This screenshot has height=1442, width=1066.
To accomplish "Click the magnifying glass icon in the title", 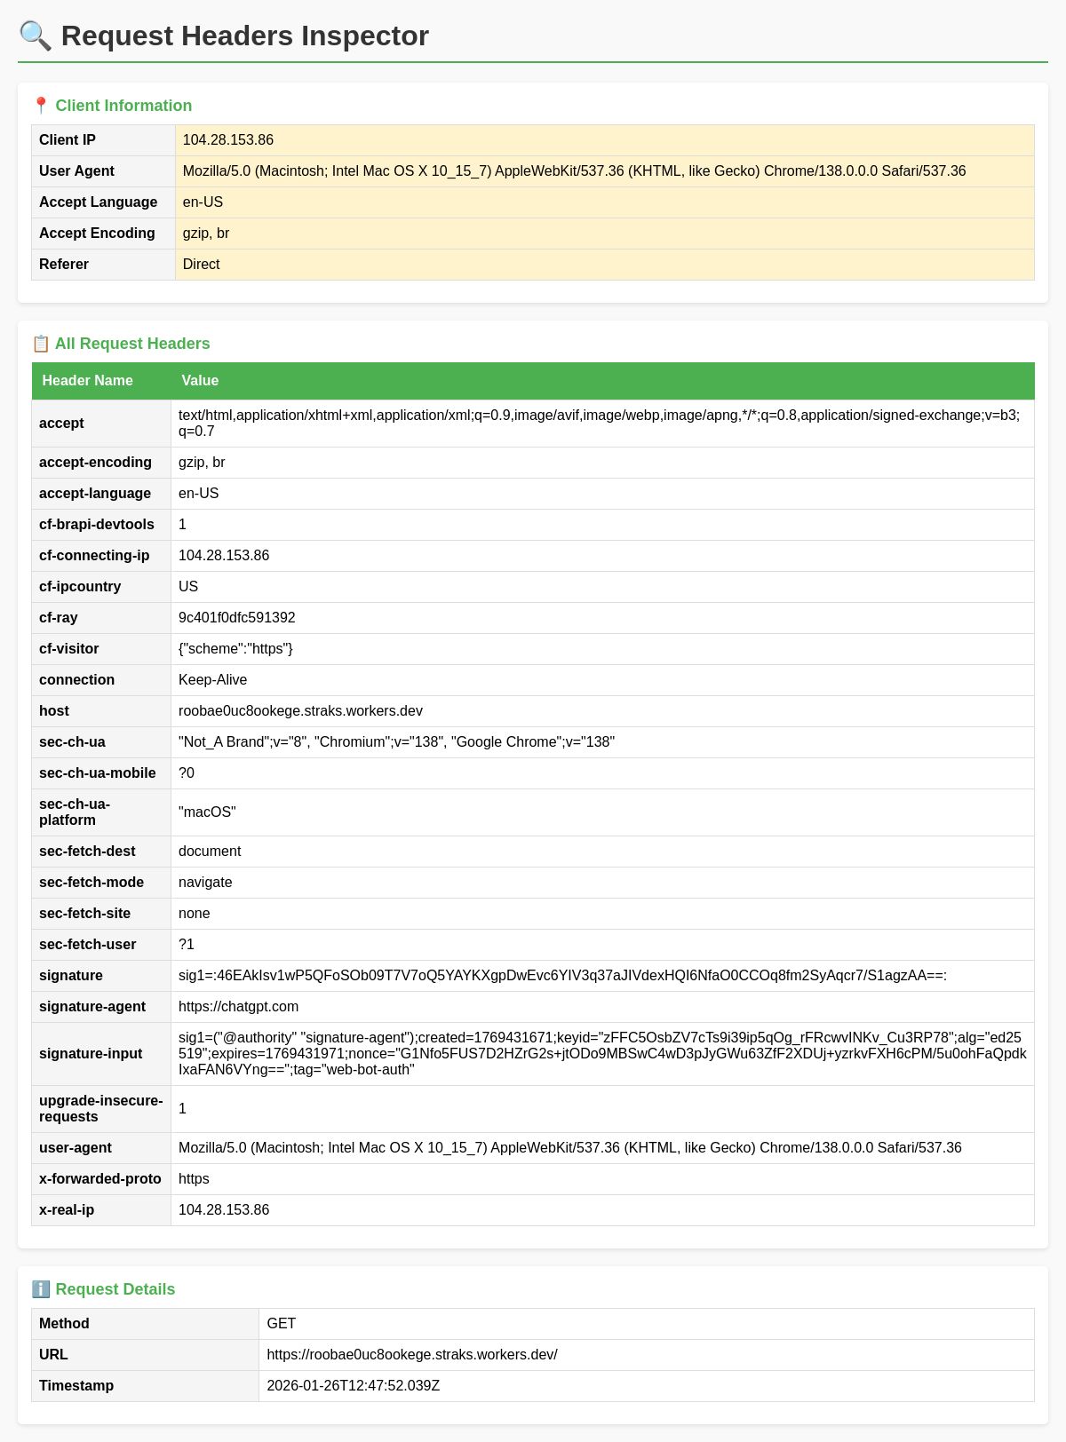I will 36,36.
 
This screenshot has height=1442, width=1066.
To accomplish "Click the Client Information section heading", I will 123,106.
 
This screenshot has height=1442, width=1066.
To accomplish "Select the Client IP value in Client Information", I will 228,140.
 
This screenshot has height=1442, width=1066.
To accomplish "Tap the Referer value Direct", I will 201,265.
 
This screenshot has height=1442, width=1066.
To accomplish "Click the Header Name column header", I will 87,381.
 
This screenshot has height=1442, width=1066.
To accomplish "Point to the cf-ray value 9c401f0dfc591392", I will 236,618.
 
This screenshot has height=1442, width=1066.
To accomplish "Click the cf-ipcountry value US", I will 188,587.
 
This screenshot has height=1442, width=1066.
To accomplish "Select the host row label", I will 54,711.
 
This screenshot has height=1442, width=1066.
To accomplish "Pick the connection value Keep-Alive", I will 212,680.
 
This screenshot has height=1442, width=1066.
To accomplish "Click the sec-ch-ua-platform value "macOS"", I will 207,812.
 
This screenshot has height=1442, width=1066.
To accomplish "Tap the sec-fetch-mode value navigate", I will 205,883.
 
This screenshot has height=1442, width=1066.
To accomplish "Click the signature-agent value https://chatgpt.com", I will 238,1007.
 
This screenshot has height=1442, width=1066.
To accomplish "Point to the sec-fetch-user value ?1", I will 187,945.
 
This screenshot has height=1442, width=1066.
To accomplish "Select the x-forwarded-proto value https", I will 194,1179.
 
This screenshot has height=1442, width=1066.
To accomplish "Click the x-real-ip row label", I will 67,1210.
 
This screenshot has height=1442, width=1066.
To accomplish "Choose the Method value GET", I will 281,1324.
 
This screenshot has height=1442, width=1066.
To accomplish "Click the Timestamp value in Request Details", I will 353,1386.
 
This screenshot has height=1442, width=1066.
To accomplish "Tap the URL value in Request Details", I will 411,1355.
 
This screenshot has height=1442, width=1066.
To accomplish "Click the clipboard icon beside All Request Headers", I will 41,344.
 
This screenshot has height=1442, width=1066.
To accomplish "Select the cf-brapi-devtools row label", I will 97,525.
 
